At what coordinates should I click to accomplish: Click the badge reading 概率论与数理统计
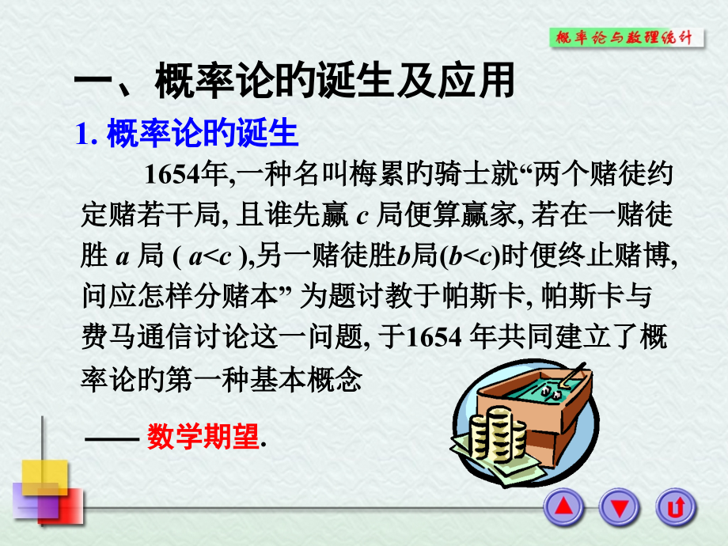pos(626,37)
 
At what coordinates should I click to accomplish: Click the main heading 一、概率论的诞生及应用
pos(294,82)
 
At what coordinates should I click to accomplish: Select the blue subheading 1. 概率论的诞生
pos(187,133)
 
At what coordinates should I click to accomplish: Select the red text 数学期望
pos(203,438)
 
